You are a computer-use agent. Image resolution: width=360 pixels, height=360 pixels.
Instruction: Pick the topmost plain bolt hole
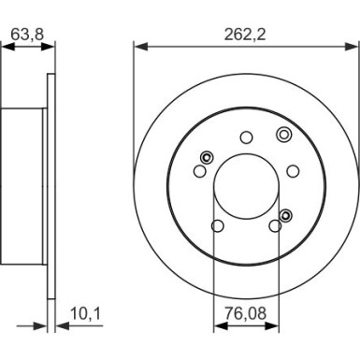(x=247, y=137)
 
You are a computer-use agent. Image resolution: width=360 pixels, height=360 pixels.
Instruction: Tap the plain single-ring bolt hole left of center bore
(x=199, y=170)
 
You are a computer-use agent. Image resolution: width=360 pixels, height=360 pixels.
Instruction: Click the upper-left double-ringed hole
(x=207, y=157)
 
